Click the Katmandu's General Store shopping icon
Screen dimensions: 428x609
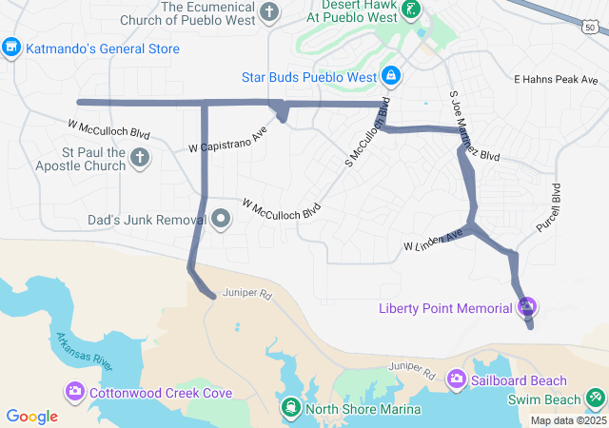tap(11, 46)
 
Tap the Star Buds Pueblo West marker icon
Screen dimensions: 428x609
tap(391, 74)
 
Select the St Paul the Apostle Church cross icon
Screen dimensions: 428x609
tap(140, 157)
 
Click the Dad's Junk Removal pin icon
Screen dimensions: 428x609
tap(222, 220)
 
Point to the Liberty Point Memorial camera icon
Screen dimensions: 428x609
tap(527, 307)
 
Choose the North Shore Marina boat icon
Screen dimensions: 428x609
tap(289, 409)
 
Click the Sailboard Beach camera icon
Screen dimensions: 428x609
tap(457, 380)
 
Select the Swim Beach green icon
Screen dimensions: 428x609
tap(596, 395)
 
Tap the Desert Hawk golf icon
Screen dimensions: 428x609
tap(410, 11)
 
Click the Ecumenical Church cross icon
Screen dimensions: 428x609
tap(270, 12)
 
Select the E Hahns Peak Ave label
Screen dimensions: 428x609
tap(555, 80)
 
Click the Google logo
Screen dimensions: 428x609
tap(31, 416)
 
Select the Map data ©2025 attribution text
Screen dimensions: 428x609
tap(567, 420)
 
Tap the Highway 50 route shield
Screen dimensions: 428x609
tap(590, 28)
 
